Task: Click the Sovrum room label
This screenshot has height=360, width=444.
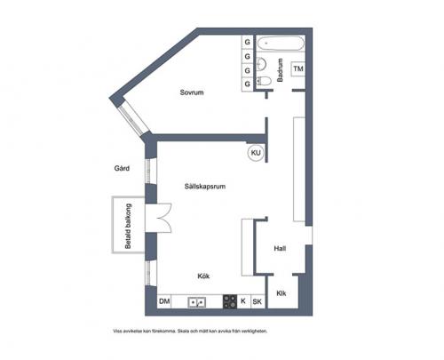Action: tap(192, 92)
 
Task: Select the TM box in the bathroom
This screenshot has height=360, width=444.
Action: tap(298, 69)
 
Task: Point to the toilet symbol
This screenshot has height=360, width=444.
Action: tap(264, 82)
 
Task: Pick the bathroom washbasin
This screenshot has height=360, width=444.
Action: tap(261, 62)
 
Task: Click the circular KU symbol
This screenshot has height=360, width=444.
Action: tap(257, 153)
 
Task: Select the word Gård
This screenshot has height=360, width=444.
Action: tap(122, 168)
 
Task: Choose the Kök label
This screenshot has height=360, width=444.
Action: tap(204, 277)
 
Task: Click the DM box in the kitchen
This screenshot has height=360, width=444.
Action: tap(164, 302)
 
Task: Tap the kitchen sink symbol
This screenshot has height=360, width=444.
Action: tap(196, 302)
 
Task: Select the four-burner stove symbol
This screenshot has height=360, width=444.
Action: tap(229, 302)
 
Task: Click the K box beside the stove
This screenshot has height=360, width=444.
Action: tap(244, 302)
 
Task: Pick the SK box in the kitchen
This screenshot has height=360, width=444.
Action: tap(258, 302)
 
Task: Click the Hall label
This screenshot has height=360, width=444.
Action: tap(280, 249)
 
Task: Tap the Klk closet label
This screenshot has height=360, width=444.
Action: tap(281, 293)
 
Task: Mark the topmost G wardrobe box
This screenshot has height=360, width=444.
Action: tap(247, 42)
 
